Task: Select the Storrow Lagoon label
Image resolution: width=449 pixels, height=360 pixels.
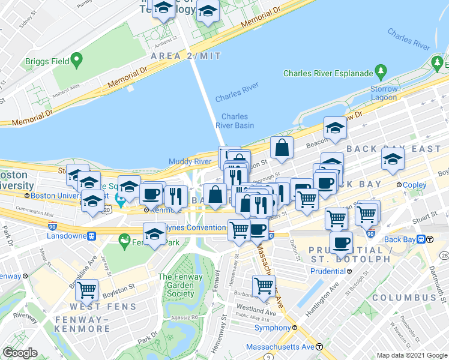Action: pyautogui.click(x=384, y=94)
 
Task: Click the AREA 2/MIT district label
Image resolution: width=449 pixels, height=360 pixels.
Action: pyautogui.click(x=186, y=56)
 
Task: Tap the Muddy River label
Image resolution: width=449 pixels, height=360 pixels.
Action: pyautogui.click(x=190, y=161)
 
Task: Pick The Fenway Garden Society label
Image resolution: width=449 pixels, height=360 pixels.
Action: pyautogui.click(x=176, y=285)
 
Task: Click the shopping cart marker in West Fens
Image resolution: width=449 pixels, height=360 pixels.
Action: pyautogui.click(x=88, y=290)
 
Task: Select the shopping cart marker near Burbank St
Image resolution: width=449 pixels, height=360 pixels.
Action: pyautogui.click(x=264, y=286)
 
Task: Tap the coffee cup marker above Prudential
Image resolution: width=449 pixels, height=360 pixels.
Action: pyautogui.click(x=342, y=242)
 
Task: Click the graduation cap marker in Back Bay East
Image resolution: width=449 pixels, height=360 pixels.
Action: pyautogui.click(x=393, y=159)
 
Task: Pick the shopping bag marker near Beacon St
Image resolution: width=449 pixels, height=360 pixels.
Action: pyautogui.click(x=281, y=147)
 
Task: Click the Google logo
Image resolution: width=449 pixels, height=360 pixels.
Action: pyautogui.click(x=20, y=353)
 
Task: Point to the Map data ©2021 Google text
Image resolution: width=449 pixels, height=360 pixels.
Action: pyautogui.click(x=412, y=355)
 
